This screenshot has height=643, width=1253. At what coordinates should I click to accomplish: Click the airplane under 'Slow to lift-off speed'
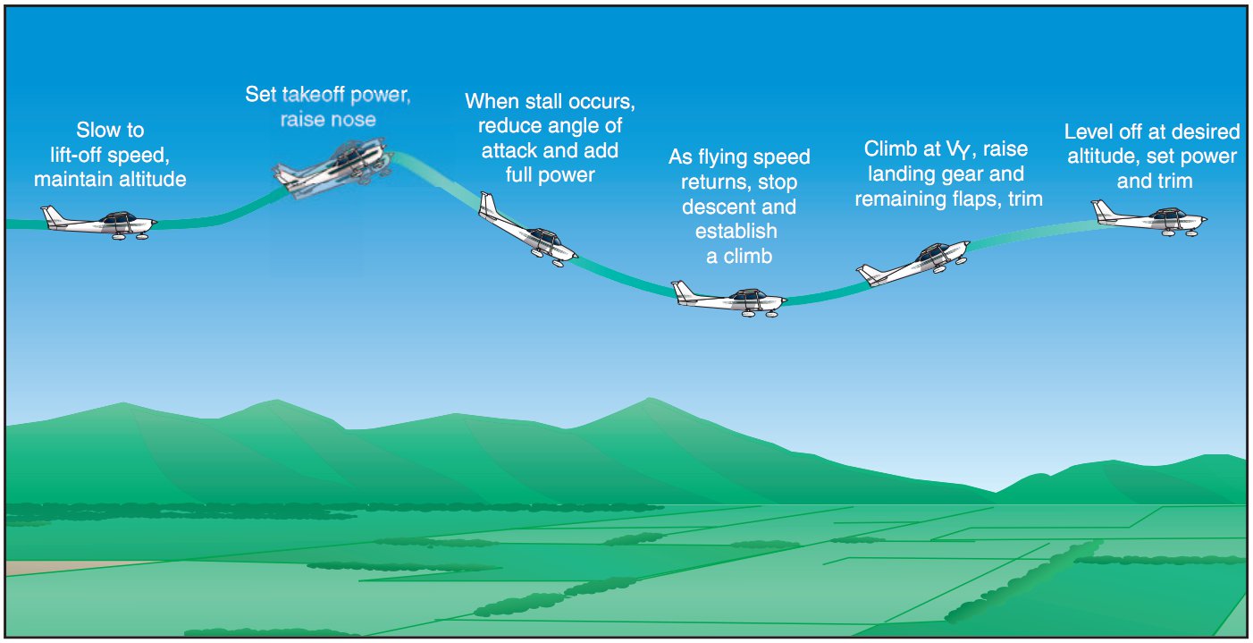(x=98, y=223)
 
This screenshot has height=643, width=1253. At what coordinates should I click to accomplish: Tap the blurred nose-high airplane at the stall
(x=333, y=166)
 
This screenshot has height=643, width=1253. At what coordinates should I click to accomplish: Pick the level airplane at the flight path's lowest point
(x=729, y=299)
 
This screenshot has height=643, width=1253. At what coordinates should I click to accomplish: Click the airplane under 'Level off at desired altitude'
(x=1149, y=218)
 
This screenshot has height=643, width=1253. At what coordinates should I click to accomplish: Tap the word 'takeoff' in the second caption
(x=314, y=95)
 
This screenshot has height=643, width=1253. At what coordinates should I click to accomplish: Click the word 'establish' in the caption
(x=736, y=231)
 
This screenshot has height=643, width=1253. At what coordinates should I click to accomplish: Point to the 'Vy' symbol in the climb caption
(x=958, y=149)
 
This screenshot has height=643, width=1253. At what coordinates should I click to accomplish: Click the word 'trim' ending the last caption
(x=1174, y=182)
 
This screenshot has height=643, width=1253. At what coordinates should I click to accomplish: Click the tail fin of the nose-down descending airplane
(x=488, y=204)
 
